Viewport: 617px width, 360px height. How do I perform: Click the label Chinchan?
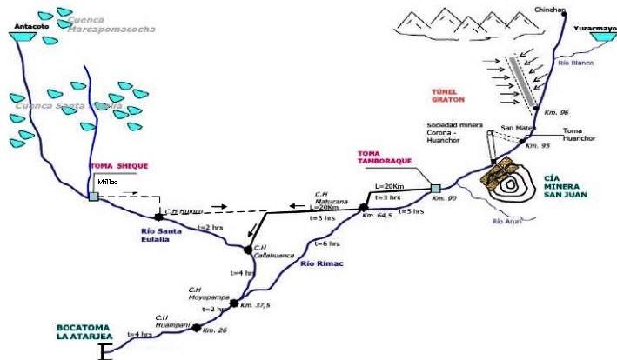(550, 10)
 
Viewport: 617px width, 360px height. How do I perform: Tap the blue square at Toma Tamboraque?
(435, 188)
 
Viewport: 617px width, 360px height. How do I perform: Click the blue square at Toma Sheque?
(93, 197)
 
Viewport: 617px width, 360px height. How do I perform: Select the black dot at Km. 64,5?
(363, 208)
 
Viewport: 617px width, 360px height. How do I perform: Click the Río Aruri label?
(507, 222)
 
